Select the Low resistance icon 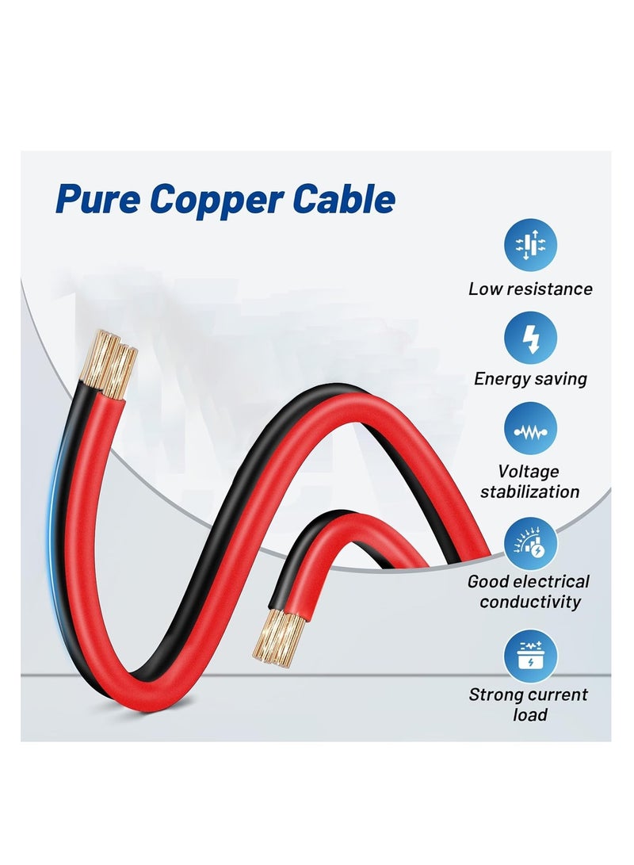pyautogui.click(x=530, y=245)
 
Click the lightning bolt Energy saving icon pyautogui.click(x=530, y=338)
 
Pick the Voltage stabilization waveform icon pyautogui.click(x=530, y=429)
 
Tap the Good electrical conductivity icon pyautogui.click(x=530, y=544)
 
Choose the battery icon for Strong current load pyautogui.click(x=530, y=656)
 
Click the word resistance pyautogui.click(x=553, y=289)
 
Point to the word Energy pyautogui.click(x=498, y=380)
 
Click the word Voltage pyautogui.click(x=528, y=471)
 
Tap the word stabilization pyautogui.click(x=530, y=492)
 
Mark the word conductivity pyautogui.click(x=530, y=601)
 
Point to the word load pyautogui.click(x=529, y=715)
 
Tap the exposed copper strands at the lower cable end pyautogui.click(x=278, y=637)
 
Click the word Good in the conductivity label pyautogui.click(x=488, y=581)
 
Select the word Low pyautogui.click(x=489, y=289)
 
